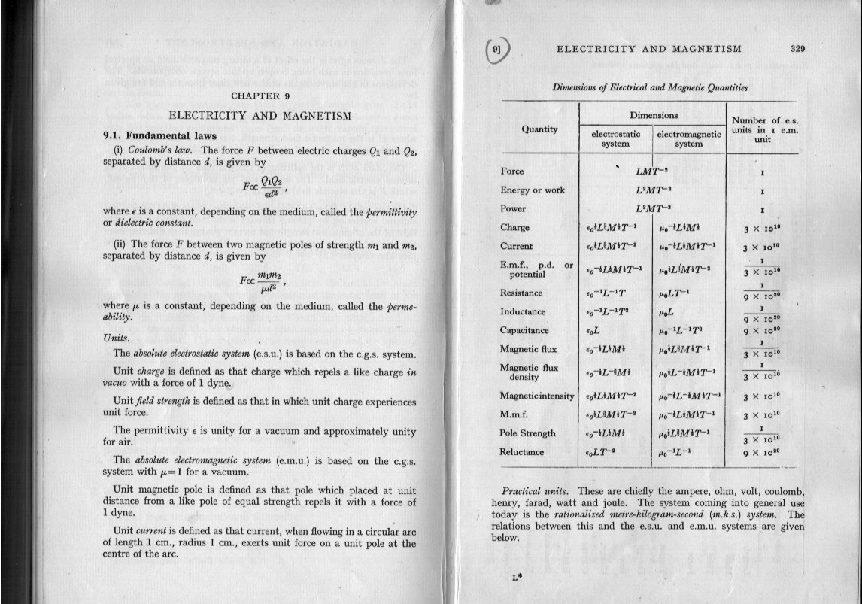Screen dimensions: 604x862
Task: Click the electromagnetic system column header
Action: [x=688, y=140]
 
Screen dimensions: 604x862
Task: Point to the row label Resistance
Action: [x=521, y=293]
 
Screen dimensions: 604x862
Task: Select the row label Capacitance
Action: [x=524, y=330]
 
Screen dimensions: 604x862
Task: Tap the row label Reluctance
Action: [x=521, y=452]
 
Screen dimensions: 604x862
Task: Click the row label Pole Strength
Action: [x=527, y=433]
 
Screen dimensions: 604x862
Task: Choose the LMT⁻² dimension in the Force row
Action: [x=652, y=171]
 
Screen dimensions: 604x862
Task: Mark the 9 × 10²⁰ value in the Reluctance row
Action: [x=763, y=454]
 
